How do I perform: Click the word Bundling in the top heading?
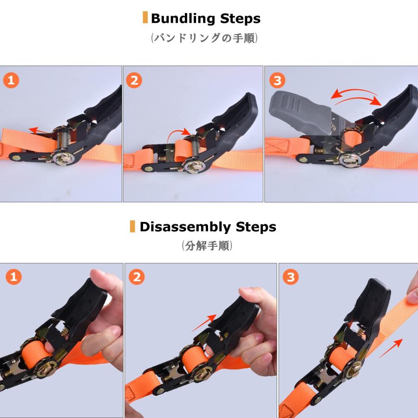point(178,19)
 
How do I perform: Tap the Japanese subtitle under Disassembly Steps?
point(207,246)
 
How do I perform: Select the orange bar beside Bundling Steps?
point(145,18)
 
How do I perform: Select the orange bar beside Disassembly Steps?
point(133,227)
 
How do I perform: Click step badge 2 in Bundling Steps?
point(134,80)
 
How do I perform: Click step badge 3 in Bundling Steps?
point(277,80)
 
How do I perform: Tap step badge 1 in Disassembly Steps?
point(13,278)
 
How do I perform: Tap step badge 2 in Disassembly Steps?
point(137,278)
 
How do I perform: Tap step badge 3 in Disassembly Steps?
point(291,278)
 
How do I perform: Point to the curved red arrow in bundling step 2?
point(179,133)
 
